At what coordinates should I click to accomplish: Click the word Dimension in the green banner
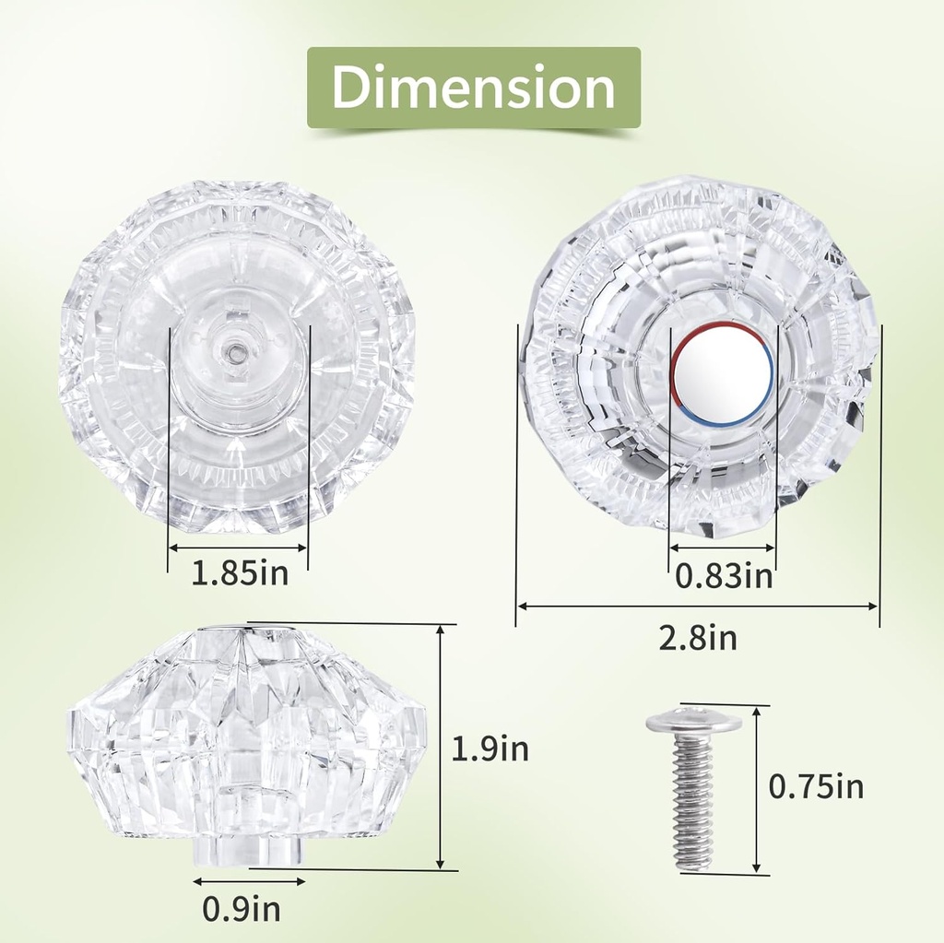pos(473,88)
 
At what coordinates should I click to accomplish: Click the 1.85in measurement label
pos(240,574)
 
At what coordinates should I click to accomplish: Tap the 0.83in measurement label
pos(724,576)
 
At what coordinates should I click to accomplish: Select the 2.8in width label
pos(698,638)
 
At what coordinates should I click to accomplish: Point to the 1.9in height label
pos(490,749)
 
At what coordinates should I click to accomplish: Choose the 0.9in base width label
pos(242,910)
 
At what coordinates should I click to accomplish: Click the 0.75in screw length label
pos(816,786)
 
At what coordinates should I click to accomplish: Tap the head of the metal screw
pos(693,721)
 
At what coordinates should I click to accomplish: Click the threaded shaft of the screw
pos(692,800)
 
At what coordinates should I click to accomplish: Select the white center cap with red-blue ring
pos(722,374)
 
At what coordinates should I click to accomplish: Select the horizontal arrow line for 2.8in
pos(698,607)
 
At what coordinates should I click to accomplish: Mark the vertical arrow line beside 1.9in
pos(442,747)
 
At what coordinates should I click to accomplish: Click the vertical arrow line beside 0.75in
pos(757,790)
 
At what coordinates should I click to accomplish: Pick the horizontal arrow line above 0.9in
pos(249,882)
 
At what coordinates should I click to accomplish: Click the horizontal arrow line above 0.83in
pos(722,548)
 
